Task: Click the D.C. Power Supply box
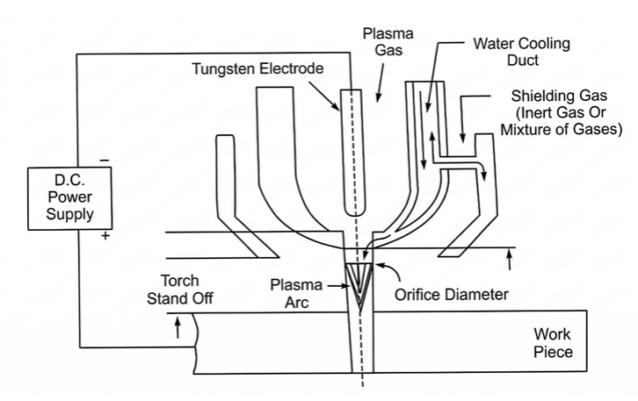[70, 198]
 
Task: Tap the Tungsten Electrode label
[257, 68]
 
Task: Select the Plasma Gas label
[388, 41]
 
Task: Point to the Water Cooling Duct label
[522, 52]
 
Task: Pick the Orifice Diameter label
[451, 295]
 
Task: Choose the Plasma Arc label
[296, 293]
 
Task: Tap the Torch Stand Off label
[180, 290]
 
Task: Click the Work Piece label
[553, 343]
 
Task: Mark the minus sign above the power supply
[105, 161]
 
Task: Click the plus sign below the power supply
[105, 236]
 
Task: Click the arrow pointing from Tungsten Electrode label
[324, 96]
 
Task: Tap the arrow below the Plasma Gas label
[380, 83]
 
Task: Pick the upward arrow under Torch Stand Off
[178, 327]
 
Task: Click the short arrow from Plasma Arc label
[338, 286]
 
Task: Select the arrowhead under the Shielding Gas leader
[462, 139]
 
